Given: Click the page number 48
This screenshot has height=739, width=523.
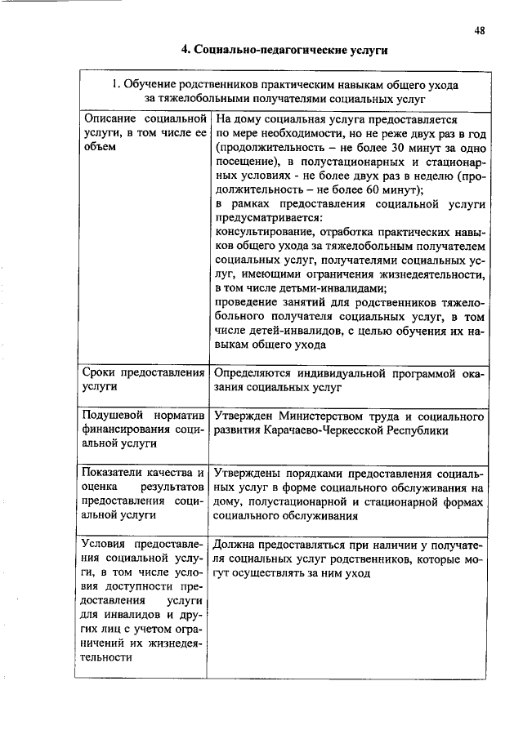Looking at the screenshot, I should coord(479,30).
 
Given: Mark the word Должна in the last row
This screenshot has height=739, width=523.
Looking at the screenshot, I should coord(234,545).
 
